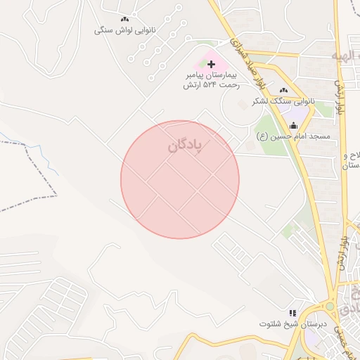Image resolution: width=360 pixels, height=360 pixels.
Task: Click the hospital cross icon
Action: point(211,64)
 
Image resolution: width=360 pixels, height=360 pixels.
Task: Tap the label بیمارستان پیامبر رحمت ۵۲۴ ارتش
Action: point(212,79)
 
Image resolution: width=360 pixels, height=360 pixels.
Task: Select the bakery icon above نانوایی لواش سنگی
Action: point(124,20)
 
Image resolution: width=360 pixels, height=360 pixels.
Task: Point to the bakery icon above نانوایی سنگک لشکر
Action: point(284,90)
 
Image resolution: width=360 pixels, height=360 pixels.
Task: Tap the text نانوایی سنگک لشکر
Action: point(285,101)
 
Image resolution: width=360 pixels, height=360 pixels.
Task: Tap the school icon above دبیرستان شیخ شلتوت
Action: point(292,313)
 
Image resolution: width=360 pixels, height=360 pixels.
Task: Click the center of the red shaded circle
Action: point(180,179)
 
